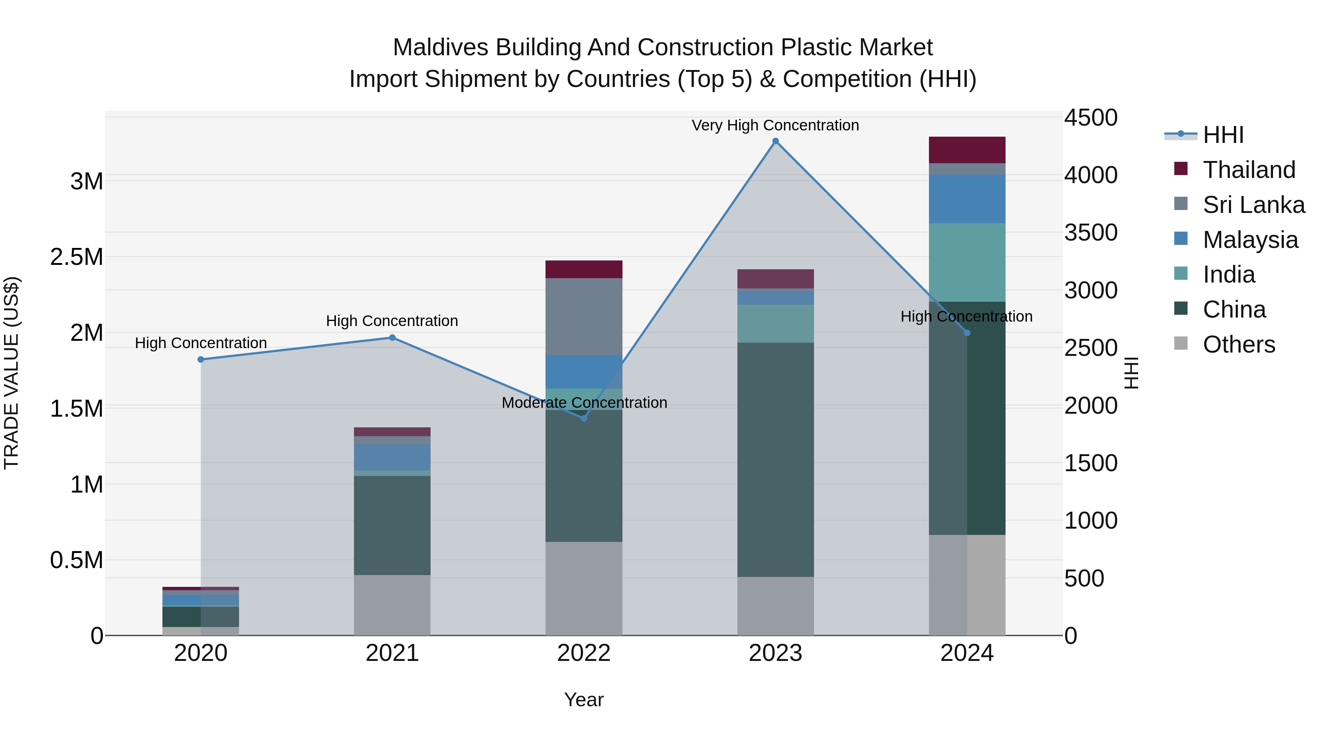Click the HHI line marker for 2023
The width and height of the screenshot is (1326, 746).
point(775,141)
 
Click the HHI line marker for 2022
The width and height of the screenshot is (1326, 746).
point(584,418)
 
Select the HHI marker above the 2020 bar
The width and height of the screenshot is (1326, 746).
point(201,359)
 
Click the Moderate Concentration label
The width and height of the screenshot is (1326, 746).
point(584,403)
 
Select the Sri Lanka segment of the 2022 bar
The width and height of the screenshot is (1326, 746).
point(584,316)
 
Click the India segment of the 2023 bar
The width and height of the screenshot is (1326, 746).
point(775,323)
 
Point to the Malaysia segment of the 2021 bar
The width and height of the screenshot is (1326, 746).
point(392,457)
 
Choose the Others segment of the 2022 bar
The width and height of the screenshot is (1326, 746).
point(584,588)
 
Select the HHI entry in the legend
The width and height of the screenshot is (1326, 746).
point(1223,135)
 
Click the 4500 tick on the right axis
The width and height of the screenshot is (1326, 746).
point(1091,118)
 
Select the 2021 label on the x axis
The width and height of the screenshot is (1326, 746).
point(392,653)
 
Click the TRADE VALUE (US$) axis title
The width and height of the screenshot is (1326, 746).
point(11,373)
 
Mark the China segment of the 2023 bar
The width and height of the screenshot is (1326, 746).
point(775,459)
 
